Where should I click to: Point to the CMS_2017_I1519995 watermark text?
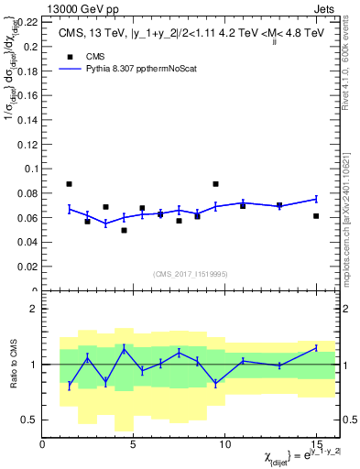click(x=191, y=273)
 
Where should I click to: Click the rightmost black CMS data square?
click(x=316, y=216)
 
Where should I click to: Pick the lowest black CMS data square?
click(x=124, y=230)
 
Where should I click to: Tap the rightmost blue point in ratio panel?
click(x=316, y=347)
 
